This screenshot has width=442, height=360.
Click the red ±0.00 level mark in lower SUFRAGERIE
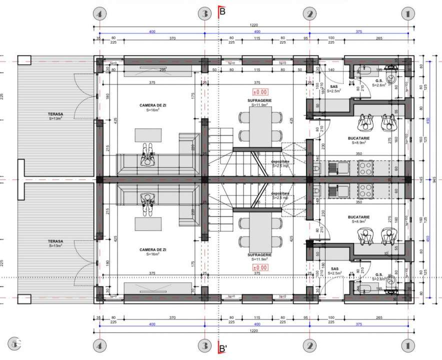point(261,267)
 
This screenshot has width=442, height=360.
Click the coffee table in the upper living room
point(148,135)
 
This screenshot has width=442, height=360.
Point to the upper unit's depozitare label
point(280,162)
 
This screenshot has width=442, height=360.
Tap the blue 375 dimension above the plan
point(358,31)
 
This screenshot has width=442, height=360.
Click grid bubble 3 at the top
point(203,14)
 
